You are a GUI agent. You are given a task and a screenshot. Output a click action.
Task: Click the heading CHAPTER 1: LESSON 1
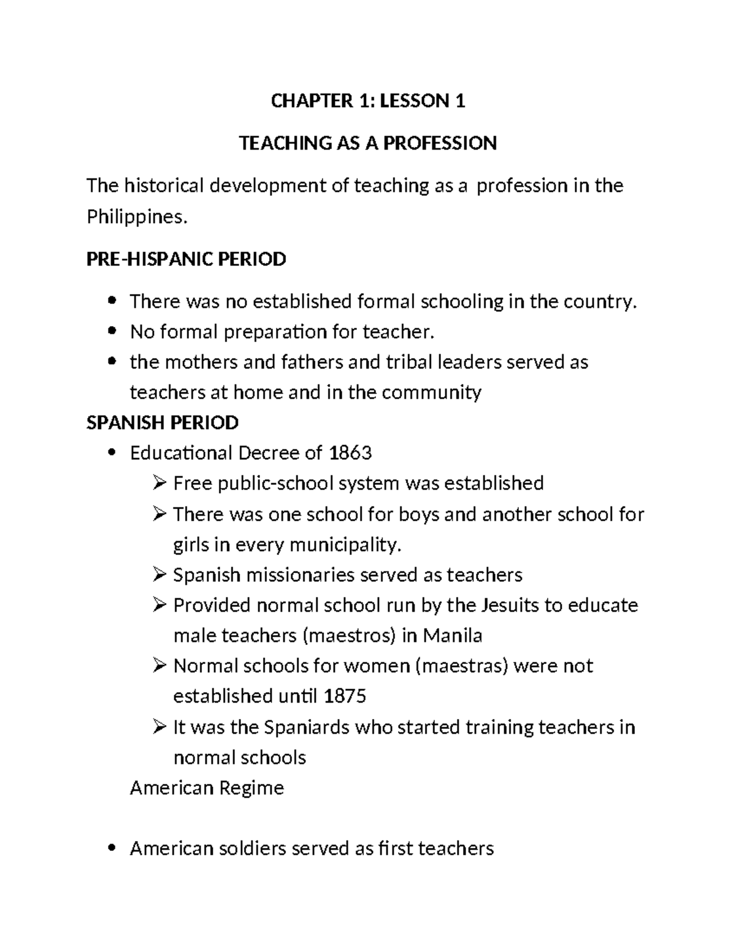[368, 101]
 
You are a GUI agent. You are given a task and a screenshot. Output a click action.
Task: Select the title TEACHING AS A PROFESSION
[368, 143]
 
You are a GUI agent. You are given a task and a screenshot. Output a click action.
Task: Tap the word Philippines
[135, 217]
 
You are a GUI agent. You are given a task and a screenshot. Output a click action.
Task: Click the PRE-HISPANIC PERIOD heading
[186, 259]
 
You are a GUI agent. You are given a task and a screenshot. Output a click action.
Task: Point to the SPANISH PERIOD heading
[163, 422]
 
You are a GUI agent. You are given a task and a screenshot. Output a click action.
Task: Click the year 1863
[350, 453]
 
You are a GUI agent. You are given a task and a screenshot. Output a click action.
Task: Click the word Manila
[452, 636]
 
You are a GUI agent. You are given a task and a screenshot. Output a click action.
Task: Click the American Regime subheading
[207, 788]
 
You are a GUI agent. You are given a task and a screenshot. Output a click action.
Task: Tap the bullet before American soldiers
[111, 849]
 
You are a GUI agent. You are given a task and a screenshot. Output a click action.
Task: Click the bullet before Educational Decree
[111, 454]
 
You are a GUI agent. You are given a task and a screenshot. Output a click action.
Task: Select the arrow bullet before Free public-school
[159, 484]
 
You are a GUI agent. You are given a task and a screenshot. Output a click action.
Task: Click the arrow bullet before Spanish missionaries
[159, 575]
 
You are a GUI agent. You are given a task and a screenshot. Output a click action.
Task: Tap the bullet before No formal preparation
[111, 332]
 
